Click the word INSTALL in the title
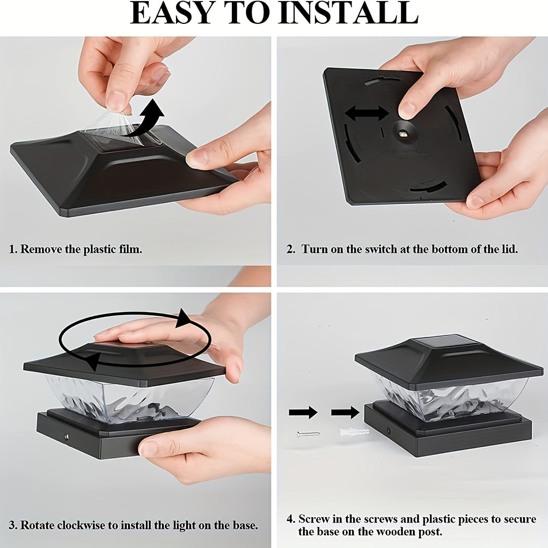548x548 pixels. [349, 13]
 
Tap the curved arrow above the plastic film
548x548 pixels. [146, 119]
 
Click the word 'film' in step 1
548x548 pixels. [130, 249]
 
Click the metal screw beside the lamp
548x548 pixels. [309, 434]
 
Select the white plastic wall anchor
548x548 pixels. [354, 432]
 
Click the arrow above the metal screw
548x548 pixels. [303, 413]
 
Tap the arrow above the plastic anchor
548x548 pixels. [346, 413]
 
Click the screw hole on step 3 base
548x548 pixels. [66, 437]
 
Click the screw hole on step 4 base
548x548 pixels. [389, 429]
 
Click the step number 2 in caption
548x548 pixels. [291, 250]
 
